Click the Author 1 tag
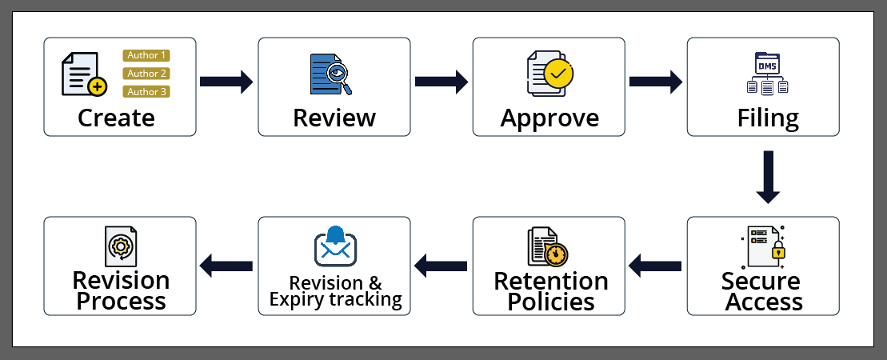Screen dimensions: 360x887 (x=146, y=55)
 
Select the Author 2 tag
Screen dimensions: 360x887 (x=146, y=74)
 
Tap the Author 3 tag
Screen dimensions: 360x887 (x=146, y=92)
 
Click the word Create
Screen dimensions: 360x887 (x=116, y=118)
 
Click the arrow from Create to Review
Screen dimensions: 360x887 (x=226, y=81)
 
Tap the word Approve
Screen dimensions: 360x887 (x=549, y=118)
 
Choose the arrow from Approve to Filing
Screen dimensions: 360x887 (x=656, y=81)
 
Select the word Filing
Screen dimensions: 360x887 (x=767, y=118)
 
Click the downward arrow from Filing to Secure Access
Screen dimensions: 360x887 (x=767, y=178)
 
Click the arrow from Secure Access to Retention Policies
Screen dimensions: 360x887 (x=655, y=262)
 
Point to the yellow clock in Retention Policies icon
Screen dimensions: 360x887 (x=557, y=254)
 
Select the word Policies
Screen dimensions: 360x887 (x=551, y=302)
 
